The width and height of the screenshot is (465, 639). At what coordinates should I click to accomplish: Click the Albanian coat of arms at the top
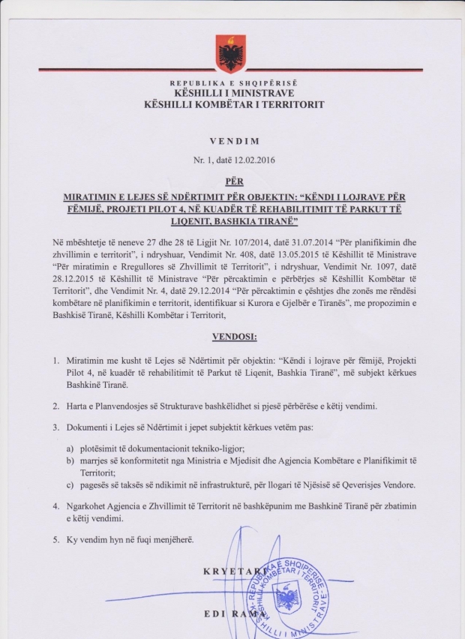[231, 52]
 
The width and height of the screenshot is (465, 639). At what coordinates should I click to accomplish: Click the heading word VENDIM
[233, 140]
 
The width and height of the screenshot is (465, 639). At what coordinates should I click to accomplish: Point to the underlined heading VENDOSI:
[232, 337]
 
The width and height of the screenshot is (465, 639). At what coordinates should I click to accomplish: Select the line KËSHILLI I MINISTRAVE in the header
[234, 94]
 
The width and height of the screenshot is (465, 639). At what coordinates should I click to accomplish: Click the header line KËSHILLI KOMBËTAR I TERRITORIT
[234, 104]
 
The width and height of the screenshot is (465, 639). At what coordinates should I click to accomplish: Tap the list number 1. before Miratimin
[57, 362]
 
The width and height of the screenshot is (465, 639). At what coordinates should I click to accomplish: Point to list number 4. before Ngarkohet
[57, 506]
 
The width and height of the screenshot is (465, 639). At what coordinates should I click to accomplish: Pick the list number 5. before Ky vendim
[57, 538]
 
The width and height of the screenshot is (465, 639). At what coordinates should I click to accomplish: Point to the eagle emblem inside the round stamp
[286, 599]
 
